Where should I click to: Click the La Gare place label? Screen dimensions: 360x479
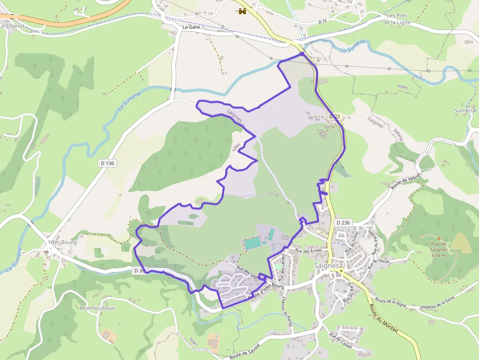click(192, 27)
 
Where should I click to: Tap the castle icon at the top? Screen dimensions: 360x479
click(242, 11)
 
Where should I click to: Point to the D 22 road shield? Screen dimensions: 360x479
click(334, 116)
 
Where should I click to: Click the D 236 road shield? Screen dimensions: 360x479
click(344, 222)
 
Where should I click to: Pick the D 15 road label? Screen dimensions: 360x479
click(322, 21)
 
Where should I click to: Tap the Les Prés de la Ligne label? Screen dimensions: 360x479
click(397, 19)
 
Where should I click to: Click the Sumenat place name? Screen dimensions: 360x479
click(465, 111)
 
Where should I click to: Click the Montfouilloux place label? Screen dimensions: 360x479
click(97, 308)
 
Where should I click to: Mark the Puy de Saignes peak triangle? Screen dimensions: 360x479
click(439, 238)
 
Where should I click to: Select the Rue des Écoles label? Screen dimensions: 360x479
click(308, 251)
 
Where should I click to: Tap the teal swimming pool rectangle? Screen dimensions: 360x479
click(252, 242)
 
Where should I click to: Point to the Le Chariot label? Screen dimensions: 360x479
click(12, 25)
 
